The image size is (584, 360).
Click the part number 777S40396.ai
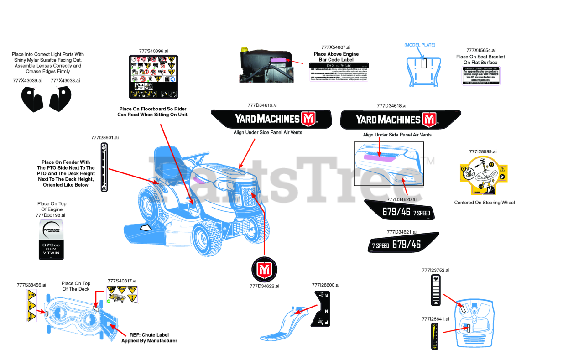(x=153, y=52)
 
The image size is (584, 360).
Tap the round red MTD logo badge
(x=265, y=270)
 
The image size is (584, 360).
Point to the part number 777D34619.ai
(x=262, y=105)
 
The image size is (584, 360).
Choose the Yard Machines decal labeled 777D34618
(x=400, y=120)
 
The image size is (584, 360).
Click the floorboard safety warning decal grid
(x=153, y=77)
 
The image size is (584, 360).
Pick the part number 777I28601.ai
(x=105, y=137)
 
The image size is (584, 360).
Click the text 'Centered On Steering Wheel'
(x=484, y=203)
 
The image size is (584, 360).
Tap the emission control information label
(x=481, y=76)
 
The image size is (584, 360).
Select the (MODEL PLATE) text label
(x=420, y=45)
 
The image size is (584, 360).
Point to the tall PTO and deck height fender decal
(x=104, y=167)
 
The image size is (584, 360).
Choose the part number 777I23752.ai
(x=436, y=270)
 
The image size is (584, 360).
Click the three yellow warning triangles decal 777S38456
(x=31, y=306)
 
